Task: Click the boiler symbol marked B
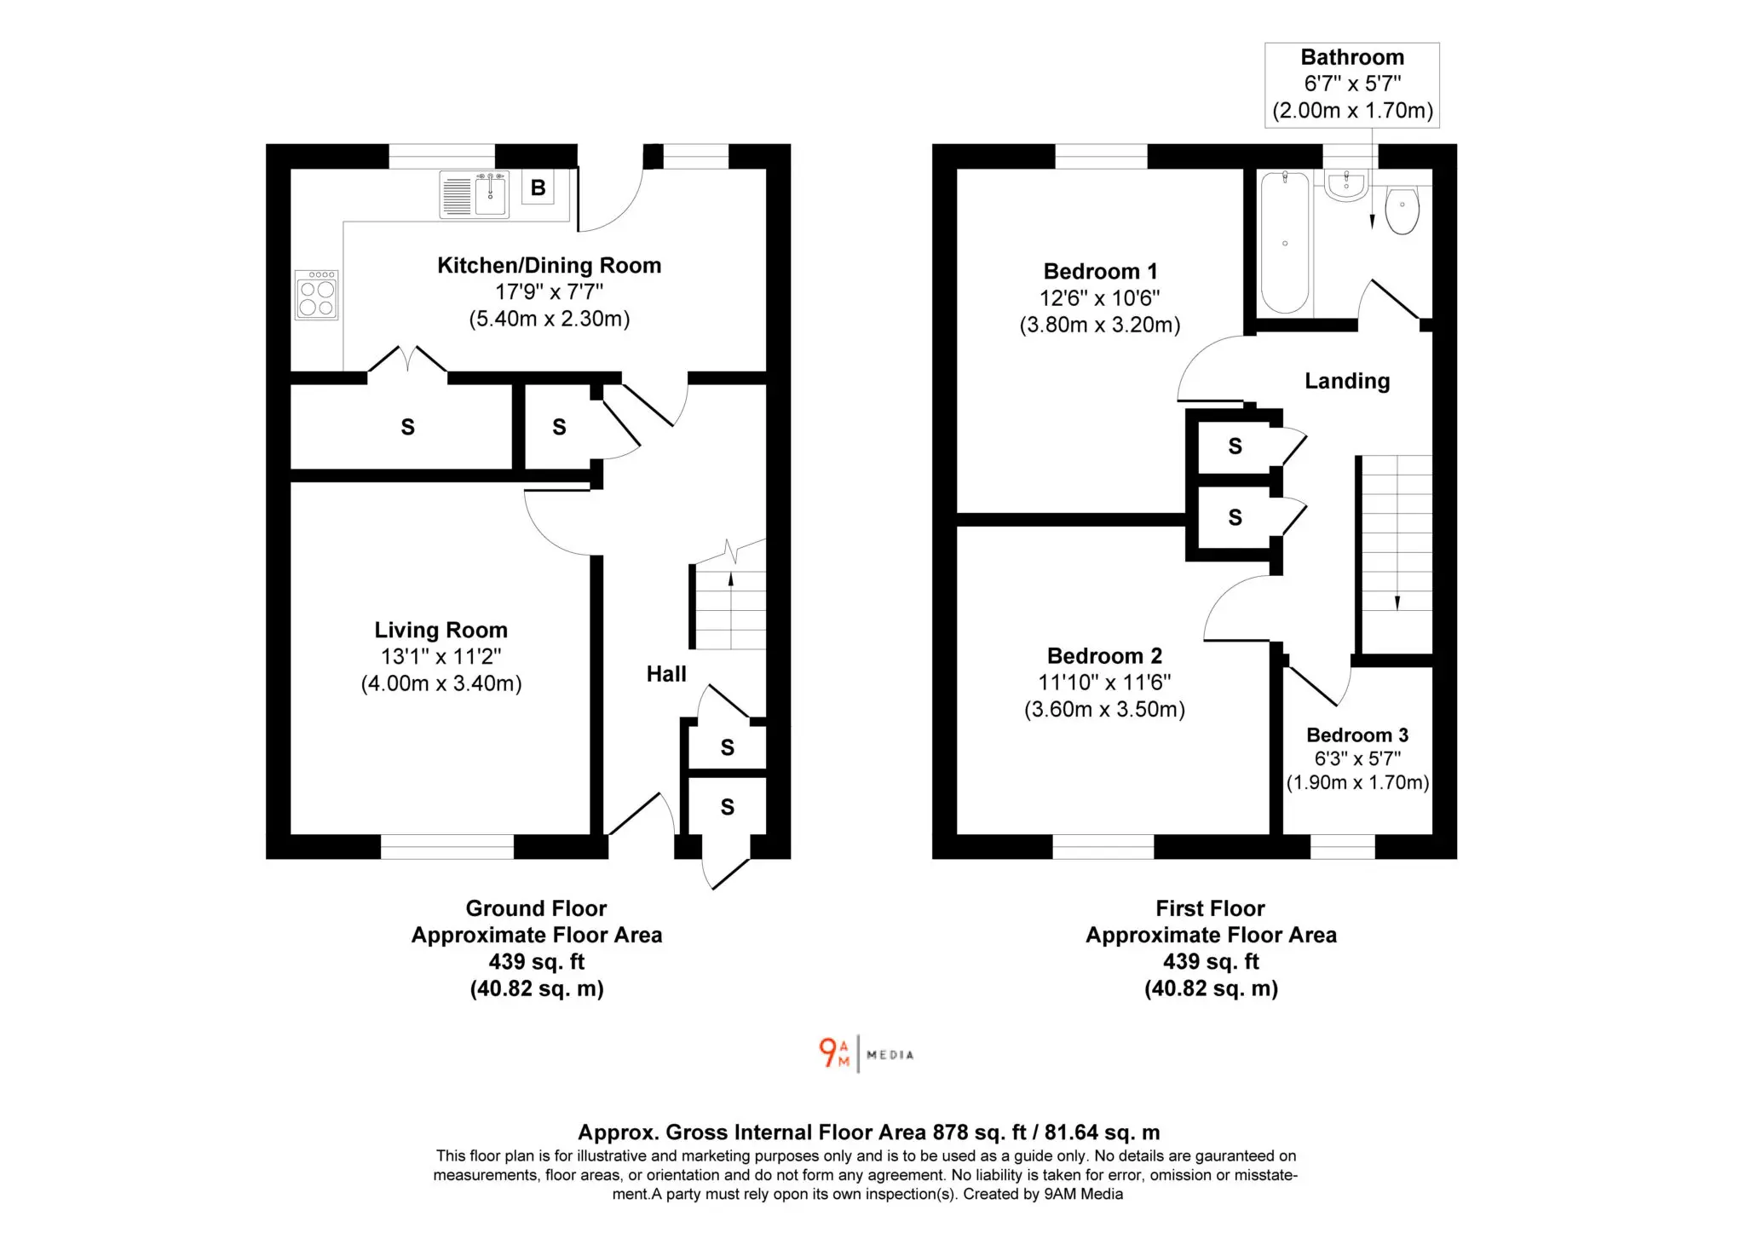(x=538, y=187)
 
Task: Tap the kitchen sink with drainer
(x=475, y=194)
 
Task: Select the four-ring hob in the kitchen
(x=317, y=295)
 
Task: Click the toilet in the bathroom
(x=1402, y=210)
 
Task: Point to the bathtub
(x=1284, y=242)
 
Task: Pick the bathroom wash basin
(x=1346, y=186)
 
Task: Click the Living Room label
(x=441, y=630)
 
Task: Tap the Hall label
(x=666, y=674)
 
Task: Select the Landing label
(x=1347, y=381)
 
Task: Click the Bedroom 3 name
(x=1357, y=735)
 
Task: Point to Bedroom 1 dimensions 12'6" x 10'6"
(x=1099, y=298)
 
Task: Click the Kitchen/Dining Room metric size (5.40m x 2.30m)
(x=550, y=319)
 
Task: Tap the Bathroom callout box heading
(x=1352, y=57)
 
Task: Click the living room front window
(x=447, y=846)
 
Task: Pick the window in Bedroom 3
(x=1342, y=846)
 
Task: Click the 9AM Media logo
(x=866, y=1054)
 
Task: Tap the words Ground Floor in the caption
(x=536, y=908)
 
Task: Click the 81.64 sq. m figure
(x=1103, y=1132)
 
